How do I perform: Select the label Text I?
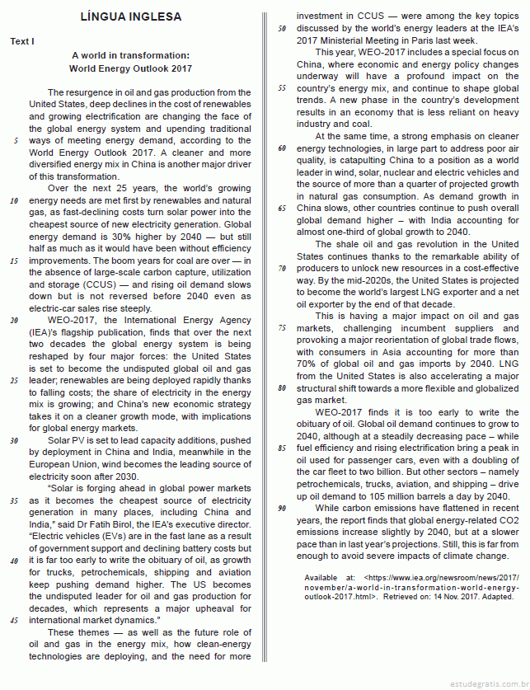[x=23, y=41]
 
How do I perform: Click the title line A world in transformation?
[x=131, y=54]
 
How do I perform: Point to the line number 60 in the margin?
[x=281, y=148]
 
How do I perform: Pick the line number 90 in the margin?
[x=281, y=508]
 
